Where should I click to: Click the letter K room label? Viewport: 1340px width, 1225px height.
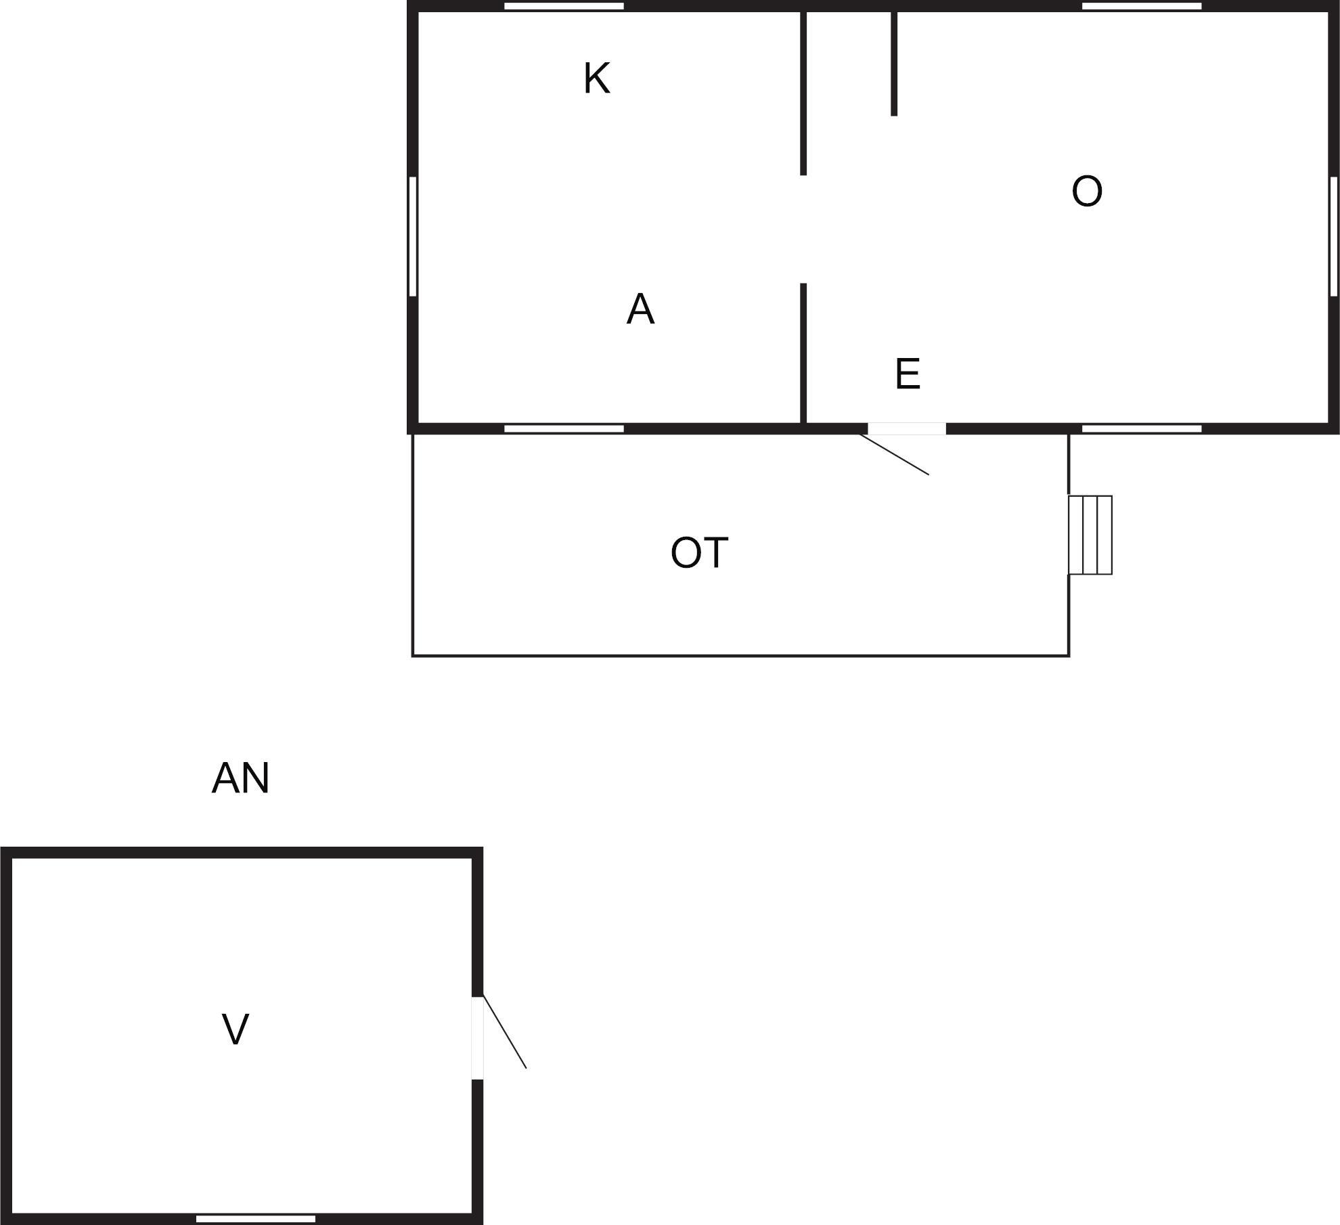click(597, 78)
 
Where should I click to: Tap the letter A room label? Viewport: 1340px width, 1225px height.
click(640, 309)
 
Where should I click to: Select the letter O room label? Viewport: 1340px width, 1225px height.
click(1087, 191)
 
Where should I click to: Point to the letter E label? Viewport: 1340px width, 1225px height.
click(908, 374)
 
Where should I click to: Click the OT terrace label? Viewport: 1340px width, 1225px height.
click(699, 552)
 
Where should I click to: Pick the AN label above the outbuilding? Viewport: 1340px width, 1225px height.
click(240, 778)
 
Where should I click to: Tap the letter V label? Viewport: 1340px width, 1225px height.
click(236, 1029)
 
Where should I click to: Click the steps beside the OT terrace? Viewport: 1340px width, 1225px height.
click(1090, 535)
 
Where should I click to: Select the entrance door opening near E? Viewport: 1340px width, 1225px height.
click(906, 428)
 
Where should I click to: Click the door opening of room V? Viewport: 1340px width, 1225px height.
click(477, 1038)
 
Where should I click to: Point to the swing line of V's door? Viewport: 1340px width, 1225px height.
click(504, 1032)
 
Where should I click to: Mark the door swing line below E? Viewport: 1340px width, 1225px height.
click(894, 454)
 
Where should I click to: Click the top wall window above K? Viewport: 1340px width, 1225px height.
click(564, 6)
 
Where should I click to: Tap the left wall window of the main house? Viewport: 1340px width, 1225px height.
click(412, 236)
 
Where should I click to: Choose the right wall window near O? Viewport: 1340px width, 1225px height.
click(1334, 236)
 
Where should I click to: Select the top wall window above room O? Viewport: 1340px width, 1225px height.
click(1142, 6)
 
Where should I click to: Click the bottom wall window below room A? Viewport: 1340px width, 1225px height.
click(564, 428)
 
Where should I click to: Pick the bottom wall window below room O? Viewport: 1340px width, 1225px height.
click(1142, 428)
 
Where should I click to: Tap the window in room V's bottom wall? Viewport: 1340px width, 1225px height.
click(256, 1219)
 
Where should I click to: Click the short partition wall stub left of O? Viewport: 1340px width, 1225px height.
click(894, 64)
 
